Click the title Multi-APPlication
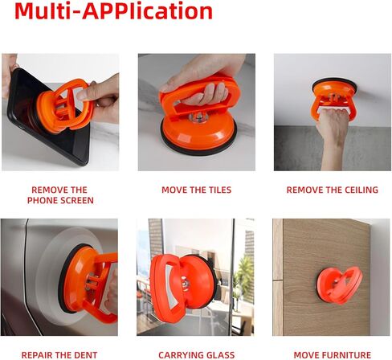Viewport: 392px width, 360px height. click(113, 11)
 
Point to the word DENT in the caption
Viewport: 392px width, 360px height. click(87, 355)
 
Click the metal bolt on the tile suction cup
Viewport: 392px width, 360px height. click(198, 117)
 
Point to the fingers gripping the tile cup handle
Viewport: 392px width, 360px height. click(206, 94)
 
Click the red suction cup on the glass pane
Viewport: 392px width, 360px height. click(183, 287)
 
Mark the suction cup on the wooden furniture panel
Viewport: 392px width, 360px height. click(340, 285)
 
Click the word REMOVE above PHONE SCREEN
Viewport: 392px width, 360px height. click(50, 190)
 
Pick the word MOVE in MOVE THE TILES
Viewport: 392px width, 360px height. click(174, 190)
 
